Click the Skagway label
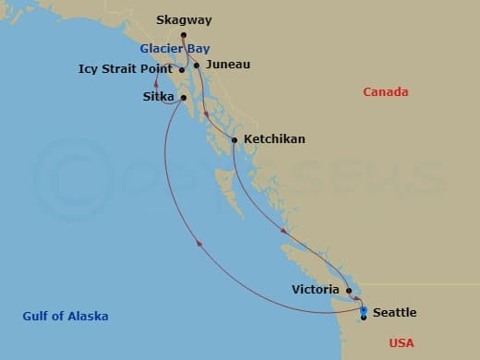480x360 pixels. [185, 20]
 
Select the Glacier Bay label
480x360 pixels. [174, 48]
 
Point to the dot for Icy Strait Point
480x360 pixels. [182, 69]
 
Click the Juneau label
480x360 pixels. [228, 65]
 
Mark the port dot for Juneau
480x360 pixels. [197, 65]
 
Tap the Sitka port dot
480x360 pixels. [185, 97]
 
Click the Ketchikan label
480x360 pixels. [274, 139]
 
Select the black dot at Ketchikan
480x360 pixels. [234, 140]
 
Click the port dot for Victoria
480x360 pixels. [348, 290]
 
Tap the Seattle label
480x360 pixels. [394, 312]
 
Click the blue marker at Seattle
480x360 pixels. [364, 311]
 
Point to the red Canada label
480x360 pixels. [386, 91]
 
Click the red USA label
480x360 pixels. [402, 342]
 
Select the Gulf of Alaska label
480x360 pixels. [66, 316]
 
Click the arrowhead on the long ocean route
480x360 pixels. [197, 243]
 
